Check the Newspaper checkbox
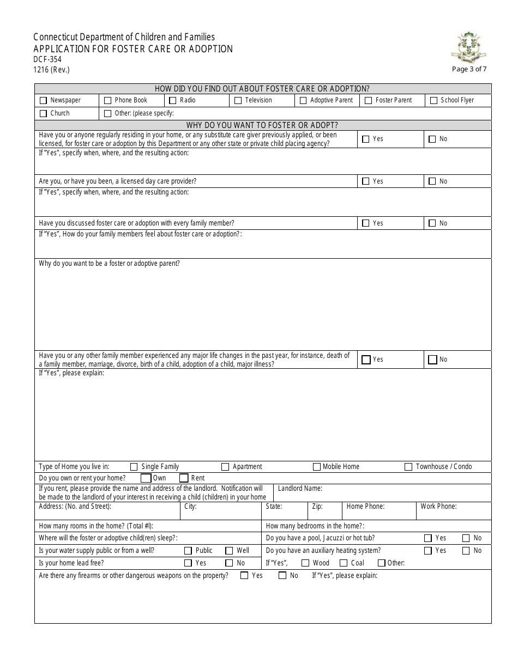43,101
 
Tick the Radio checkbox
173,101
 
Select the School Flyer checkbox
433,101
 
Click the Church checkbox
43,114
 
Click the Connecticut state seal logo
469,47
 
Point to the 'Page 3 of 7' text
469,69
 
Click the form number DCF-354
47,59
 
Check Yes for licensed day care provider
366,181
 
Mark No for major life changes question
432,360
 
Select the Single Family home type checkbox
134,467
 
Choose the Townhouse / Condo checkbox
408,467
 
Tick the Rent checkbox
184,478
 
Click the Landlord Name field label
300,489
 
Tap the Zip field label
317,507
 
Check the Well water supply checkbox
229,551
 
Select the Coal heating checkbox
344,563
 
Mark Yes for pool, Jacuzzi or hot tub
428,538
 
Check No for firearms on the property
282,576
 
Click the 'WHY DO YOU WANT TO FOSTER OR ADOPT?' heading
262,125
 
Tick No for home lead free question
229,563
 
